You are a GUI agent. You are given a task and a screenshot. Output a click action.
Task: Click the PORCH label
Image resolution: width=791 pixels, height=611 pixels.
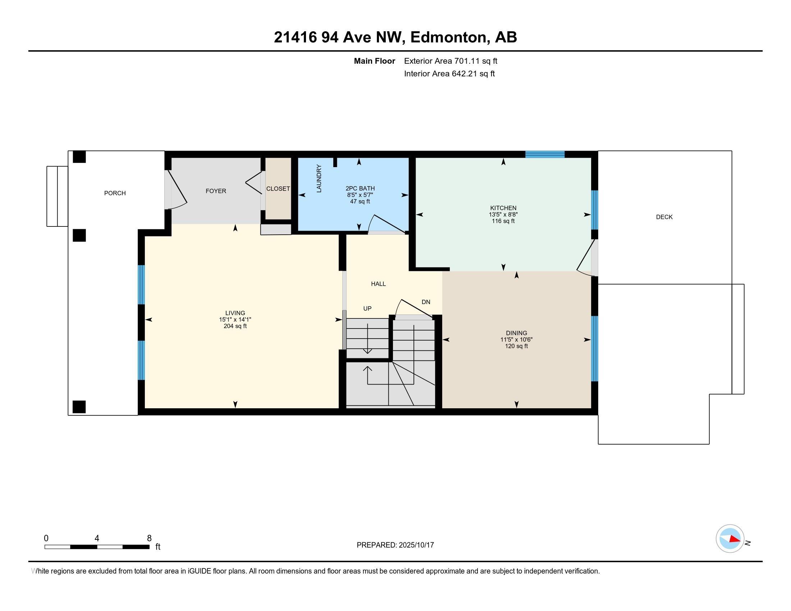[x=115, y=193]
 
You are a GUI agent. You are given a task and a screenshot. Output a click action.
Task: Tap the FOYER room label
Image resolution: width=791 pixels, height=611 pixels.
[x=216, y=191]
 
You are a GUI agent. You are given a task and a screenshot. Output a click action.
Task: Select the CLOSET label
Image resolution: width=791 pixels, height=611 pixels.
[x=278, y=189]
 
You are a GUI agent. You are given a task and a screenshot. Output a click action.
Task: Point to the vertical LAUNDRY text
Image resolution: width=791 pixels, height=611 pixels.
[x=319, y=179]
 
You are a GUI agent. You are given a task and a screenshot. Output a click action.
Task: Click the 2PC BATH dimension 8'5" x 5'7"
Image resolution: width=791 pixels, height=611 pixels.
[x=360, y=195]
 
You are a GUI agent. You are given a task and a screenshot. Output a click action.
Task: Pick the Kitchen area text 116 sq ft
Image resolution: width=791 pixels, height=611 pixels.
[x=503, y=221]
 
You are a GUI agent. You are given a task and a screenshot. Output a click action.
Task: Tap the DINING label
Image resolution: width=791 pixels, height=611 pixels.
[x=516, y=333]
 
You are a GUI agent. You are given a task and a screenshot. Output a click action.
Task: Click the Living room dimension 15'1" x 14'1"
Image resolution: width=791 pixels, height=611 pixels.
[x=235, y=320]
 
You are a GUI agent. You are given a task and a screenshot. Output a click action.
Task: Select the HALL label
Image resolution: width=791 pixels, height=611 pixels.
[x=378, y=284]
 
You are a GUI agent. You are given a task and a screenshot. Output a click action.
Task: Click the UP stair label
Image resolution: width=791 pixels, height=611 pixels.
[x=367, y=308]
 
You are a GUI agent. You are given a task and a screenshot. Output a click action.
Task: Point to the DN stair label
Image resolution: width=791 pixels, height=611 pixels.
[x=426, y=302]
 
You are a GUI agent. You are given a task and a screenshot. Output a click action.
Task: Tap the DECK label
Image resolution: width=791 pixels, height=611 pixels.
[x=664, y=217]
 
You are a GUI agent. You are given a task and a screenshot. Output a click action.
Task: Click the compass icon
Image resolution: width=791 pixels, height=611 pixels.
[x=730, y=539]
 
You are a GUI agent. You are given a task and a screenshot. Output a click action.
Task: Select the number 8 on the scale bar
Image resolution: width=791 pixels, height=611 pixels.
[x=149, y=538]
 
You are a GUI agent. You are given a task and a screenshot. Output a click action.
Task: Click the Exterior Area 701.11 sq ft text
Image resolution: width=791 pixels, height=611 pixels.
[x=451, y=61]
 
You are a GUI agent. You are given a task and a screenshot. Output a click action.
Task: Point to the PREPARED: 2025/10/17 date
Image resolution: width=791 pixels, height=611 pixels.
[x=395, y=545]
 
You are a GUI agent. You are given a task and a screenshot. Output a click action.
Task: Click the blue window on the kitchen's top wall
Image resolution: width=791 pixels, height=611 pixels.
[x=545, y=154]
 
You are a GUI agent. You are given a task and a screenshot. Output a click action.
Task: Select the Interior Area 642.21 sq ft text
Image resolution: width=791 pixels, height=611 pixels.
[x=449, y=74]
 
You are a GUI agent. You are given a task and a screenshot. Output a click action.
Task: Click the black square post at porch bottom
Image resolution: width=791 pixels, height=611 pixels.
[x=79, y=407]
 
